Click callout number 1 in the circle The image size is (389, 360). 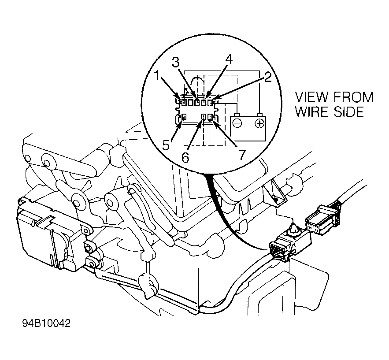157,76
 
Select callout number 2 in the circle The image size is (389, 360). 267,78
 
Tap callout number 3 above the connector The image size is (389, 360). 176,63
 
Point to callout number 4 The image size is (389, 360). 229,59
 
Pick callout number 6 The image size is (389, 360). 185,157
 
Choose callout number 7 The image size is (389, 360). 241,155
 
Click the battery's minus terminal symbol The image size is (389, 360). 237,123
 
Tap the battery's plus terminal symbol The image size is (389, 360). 259,123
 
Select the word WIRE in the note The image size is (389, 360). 312,112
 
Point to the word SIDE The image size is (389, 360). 348,112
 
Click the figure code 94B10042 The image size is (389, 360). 46,323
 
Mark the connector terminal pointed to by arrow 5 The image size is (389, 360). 184,117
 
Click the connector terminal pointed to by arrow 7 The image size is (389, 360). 211,117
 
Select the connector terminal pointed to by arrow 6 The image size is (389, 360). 204,117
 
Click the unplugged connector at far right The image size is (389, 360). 322,218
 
